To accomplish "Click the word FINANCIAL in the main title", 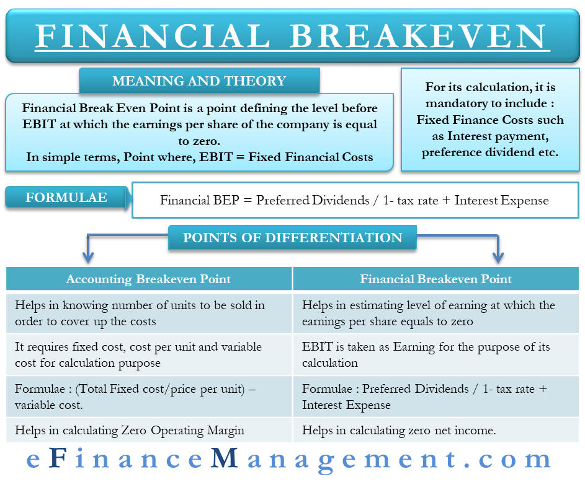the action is pos(153,36).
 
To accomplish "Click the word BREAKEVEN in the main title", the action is pos(418,36).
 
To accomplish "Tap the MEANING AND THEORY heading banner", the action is pos(199,81).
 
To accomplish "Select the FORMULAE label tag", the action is pos(67,198).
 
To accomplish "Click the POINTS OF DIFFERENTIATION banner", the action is pos(292,238).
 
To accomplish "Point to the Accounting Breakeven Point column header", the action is pos(148,279).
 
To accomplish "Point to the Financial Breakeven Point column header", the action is pos(435,279).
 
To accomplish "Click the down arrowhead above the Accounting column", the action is pos(88,257).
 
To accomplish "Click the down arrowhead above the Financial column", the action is pos(498,257).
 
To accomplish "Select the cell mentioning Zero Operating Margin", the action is pos(148,430).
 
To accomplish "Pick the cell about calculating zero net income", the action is pos(435,430).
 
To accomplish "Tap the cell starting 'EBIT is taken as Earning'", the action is pos(435,354).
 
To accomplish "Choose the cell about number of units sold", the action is pos(148,313).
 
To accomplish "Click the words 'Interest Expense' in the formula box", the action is pos(501,200).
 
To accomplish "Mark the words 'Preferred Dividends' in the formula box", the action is pos(313,200).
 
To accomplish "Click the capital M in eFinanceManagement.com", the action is pos(224,457).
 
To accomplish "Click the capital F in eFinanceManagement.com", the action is pos(58,457).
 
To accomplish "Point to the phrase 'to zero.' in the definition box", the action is pos(199,141).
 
